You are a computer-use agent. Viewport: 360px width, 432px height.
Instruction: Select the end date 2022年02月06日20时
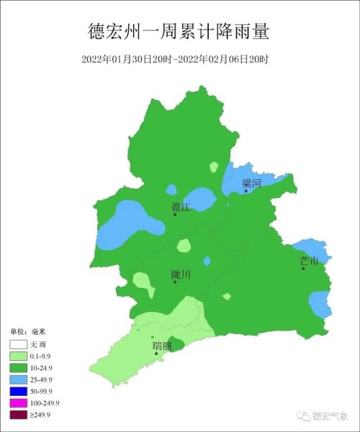point(230,58)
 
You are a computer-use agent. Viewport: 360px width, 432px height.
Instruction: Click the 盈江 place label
point(181,207)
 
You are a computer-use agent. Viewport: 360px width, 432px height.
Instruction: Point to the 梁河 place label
point(251,184)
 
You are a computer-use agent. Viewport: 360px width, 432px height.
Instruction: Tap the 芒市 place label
point(309,261)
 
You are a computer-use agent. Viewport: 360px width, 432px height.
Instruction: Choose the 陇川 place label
point(181,274)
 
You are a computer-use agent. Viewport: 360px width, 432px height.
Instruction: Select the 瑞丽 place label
point(162,346)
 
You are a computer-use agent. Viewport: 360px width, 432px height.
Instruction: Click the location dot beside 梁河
point(246,191)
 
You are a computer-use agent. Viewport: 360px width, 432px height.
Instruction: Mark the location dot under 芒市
point(304,269)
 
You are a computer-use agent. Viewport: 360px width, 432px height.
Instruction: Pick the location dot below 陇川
point(175,282)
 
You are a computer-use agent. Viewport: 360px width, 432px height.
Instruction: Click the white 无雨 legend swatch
point(18,345)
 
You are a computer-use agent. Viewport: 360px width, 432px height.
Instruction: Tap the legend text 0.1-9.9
point(44,356)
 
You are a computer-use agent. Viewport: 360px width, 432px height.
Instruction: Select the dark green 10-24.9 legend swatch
point(18,368)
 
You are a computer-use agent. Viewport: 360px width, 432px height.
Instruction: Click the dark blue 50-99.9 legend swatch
point(18,391)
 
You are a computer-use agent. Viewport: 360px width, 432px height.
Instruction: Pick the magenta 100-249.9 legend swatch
point(18,402)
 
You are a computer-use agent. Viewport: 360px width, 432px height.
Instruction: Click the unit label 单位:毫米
point(27,331)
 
